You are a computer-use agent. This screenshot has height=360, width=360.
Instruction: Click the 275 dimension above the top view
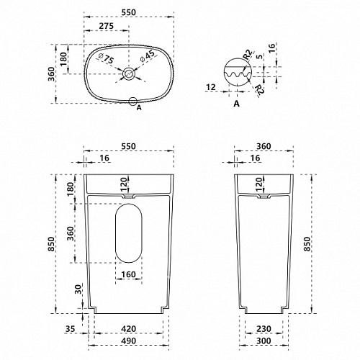click(107, 26)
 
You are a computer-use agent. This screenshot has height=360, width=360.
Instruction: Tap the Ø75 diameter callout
click(107, 58)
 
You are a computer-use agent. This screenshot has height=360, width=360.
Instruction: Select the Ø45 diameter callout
click(148, 55)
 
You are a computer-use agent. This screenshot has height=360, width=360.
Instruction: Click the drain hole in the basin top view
click(129, 73)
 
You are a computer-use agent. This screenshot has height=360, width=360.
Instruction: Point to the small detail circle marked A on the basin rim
click(132, 102)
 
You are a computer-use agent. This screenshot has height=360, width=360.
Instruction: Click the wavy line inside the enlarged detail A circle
click(238, 74)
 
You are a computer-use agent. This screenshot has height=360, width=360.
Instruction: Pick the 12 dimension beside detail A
click(211, 87)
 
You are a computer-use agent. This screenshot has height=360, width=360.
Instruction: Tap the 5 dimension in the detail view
click(259, 57)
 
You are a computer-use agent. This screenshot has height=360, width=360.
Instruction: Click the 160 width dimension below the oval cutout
click(129, 274)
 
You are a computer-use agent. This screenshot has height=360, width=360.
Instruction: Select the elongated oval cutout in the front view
click(115, 233)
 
